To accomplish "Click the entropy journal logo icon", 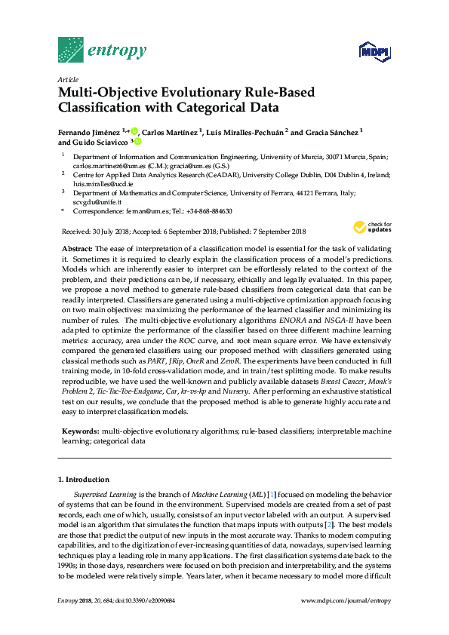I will coord(70,50).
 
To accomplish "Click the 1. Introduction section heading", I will coord(84,480).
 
